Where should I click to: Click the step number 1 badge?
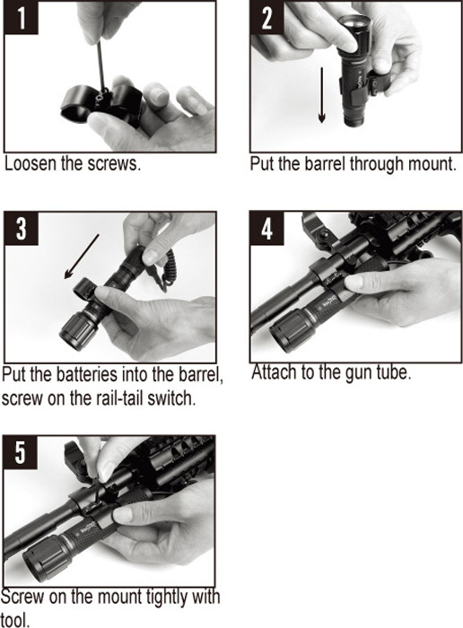(x=22, y=18)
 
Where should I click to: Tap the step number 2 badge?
(x=266, y=18)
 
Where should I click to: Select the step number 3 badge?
(x=22, y=228)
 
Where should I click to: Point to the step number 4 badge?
(x=266, y=228)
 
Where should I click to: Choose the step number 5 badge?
(x=21, y=452)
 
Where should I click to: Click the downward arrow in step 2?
(x=321, y=95)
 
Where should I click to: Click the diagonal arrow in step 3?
(x=82, y=257)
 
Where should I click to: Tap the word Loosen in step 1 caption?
(x=31, y=163)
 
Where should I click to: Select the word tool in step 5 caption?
(x=15, y=620)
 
